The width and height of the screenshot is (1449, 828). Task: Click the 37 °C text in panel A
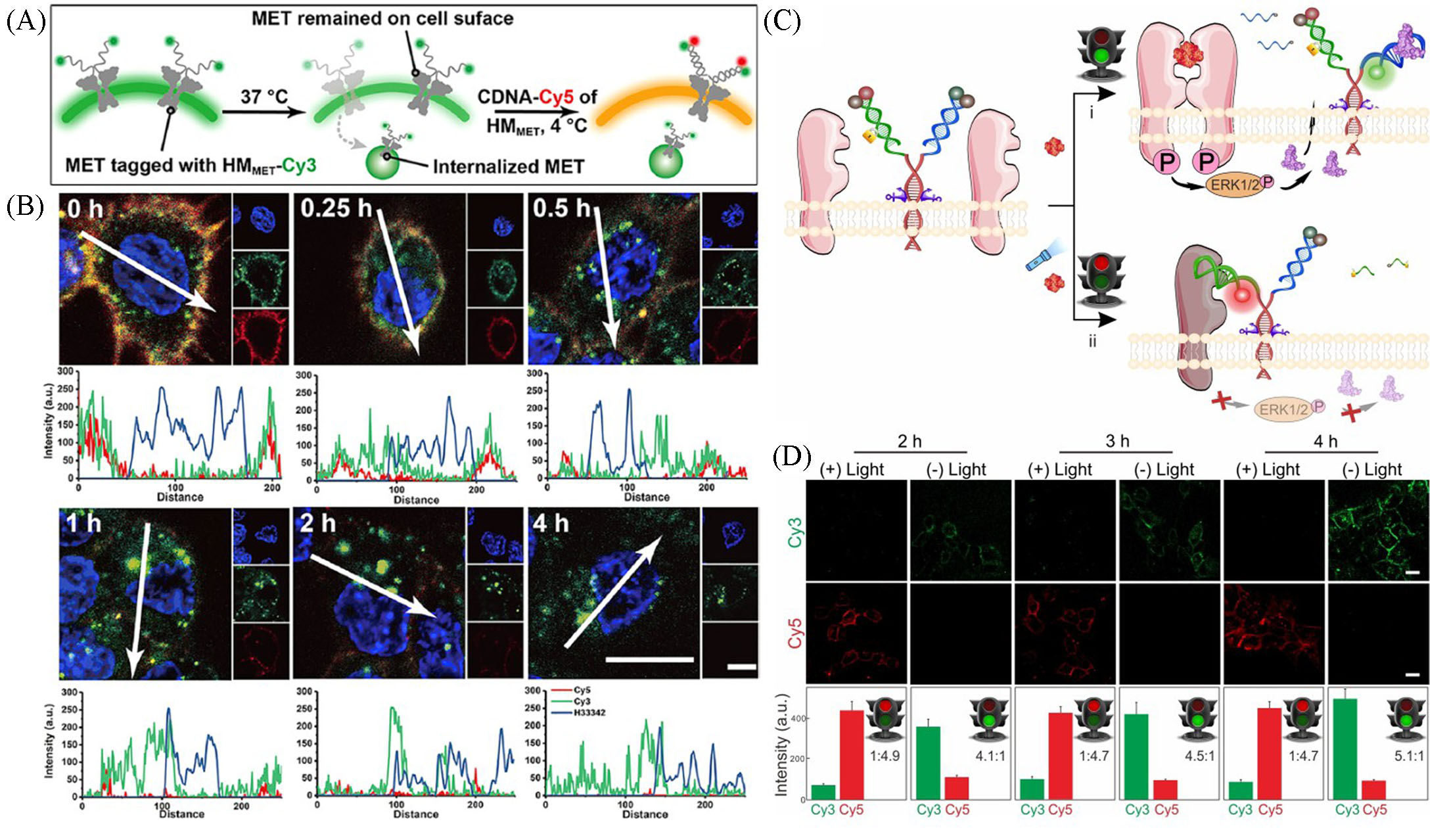(x=264, y=96)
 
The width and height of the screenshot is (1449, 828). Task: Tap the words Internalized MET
(x=508, y=166)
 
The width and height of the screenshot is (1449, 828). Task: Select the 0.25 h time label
(x=336, y=208)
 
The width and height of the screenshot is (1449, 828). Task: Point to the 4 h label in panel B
(x=551, y=523)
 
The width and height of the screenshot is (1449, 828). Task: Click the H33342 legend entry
(x=589, y=712)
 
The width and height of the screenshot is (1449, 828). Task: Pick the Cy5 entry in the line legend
(x=582, y=691)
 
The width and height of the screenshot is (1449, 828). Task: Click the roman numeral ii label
(x=1092, y=342)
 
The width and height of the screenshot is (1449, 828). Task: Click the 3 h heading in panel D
(x=1116, y=440)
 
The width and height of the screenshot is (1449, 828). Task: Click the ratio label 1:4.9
(x=885, y=756)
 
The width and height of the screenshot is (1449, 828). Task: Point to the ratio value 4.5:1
(x=1199, y=756)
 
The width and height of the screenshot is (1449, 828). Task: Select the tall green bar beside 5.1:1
(x=1347, y=749)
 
